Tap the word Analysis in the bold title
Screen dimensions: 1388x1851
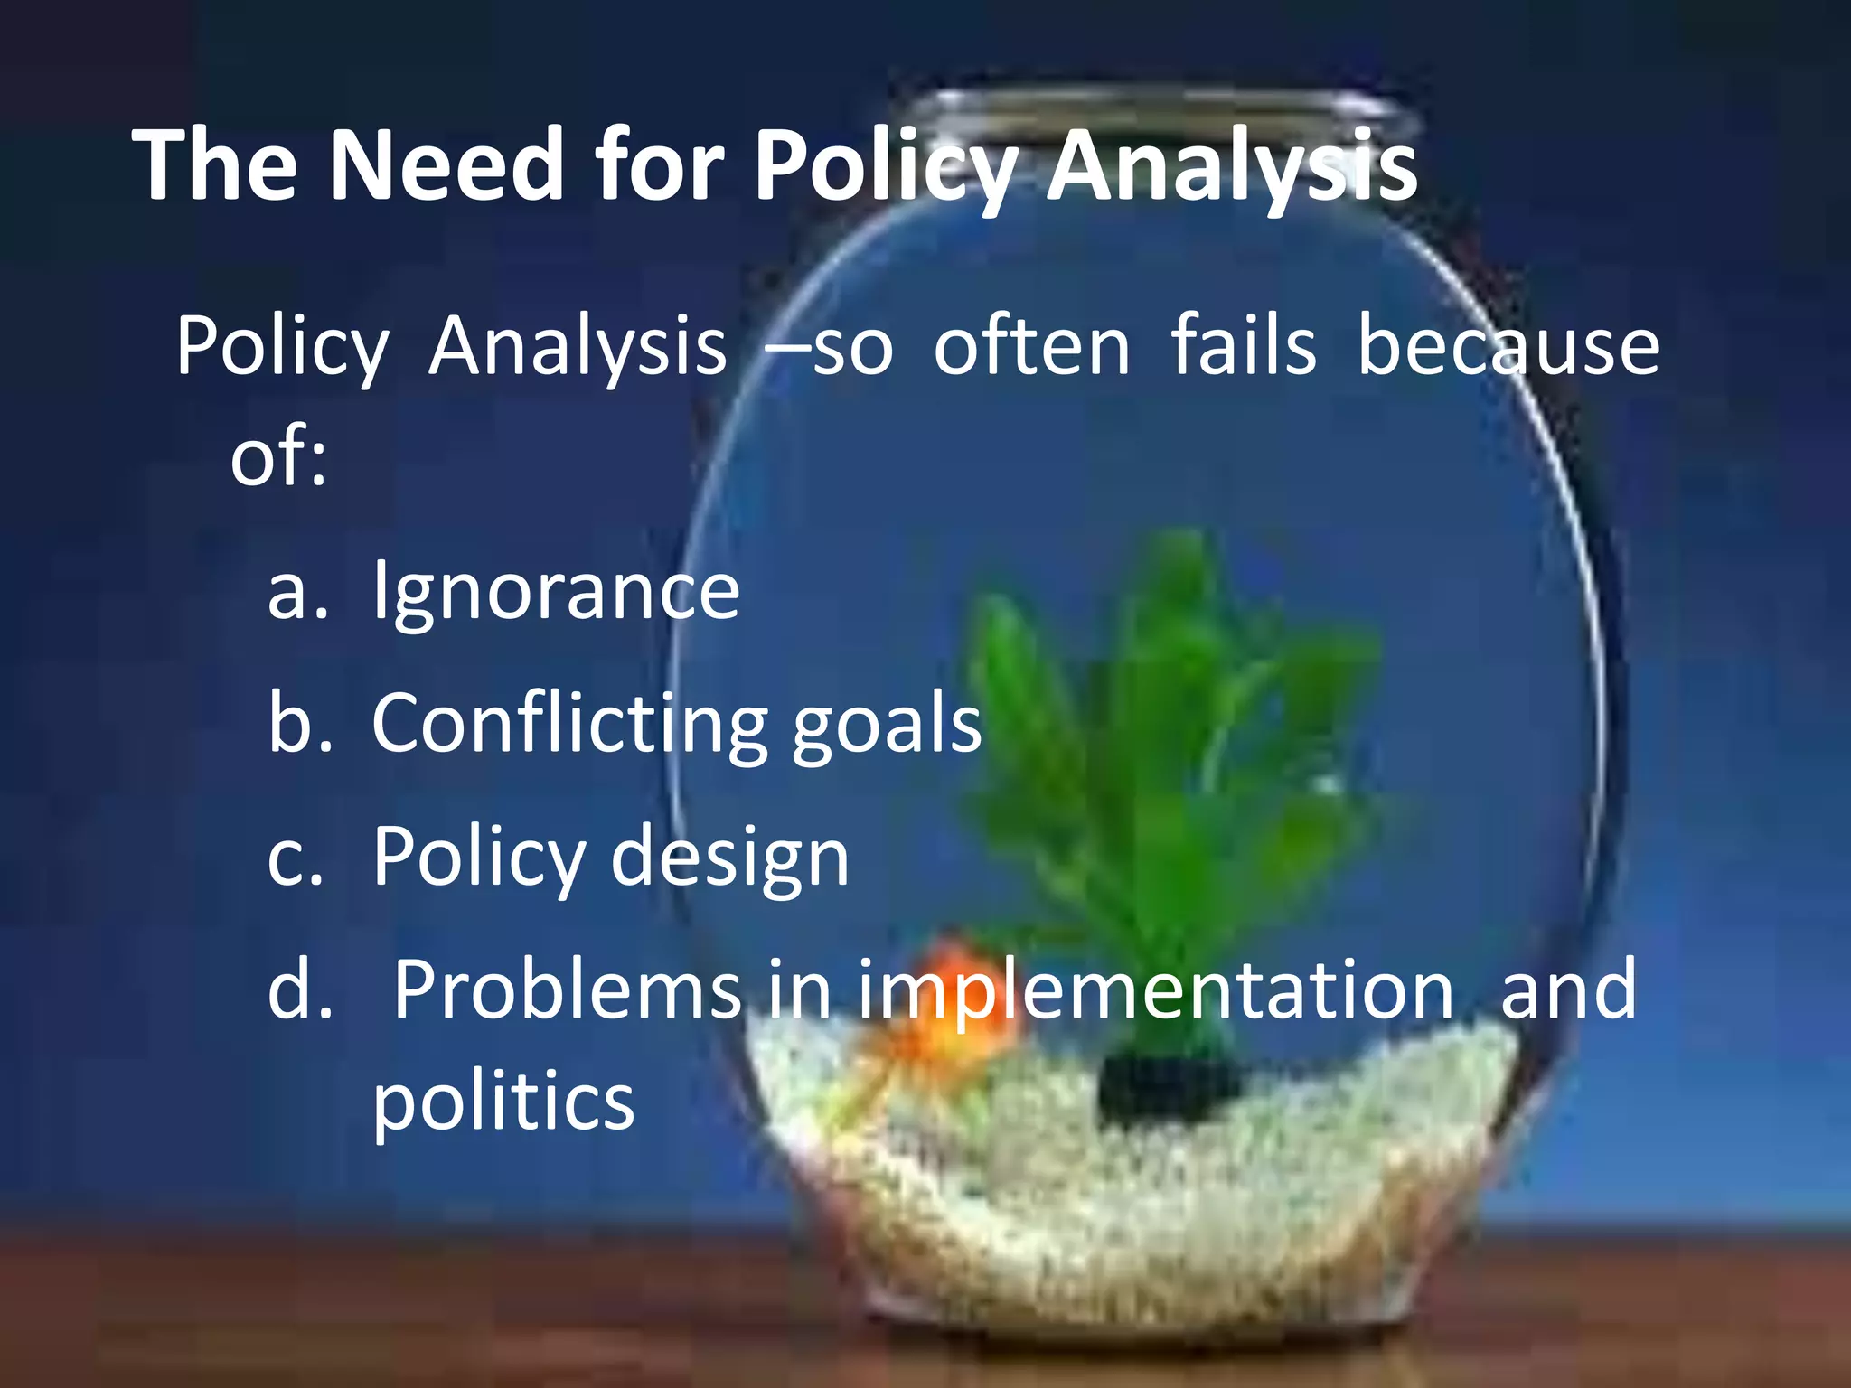(x=1232, y=167)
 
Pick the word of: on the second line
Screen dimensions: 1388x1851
(x=277, y=456)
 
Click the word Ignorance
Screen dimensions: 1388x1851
(x=556, y=591)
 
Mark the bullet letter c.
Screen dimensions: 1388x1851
(x=296, y=858)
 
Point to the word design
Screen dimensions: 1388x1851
(x=729, y=858)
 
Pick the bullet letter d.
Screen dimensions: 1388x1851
(x=299, y=989)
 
